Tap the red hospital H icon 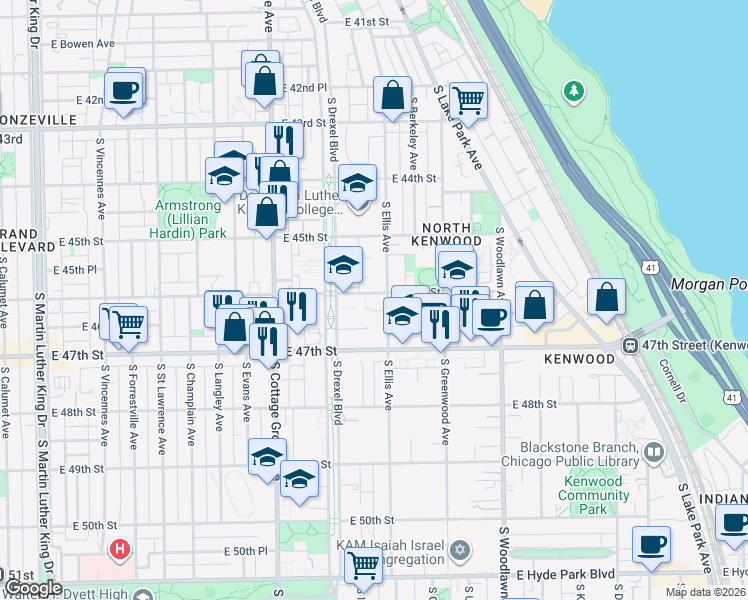point(120,549)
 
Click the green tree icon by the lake point(573,93)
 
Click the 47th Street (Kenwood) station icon point(632,345)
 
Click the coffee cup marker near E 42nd point(125,91)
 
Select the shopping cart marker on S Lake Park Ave point(468,101)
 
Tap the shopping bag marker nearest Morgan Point point(606,297)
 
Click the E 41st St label point(366,21)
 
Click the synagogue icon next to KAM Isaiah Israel point(460,549)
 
